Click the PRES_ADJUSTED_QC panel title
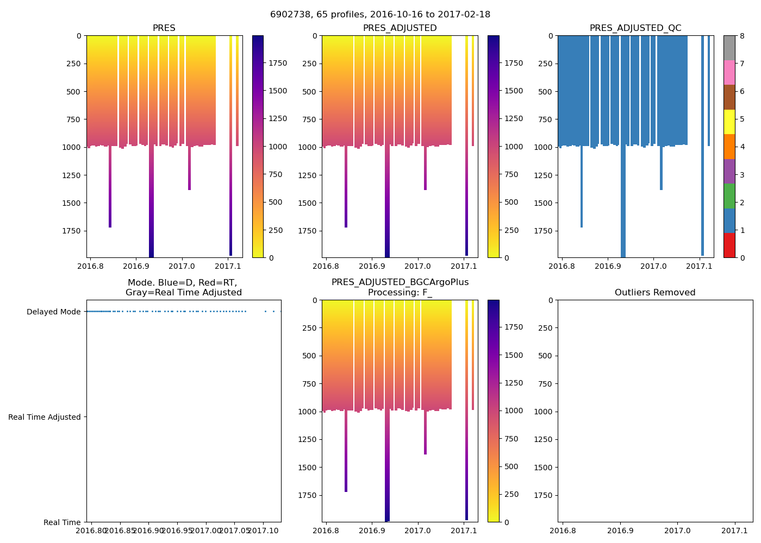pyautogui.click(x=635, y=28)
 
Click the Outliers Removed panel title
pyautogui.click(x=655, y=293)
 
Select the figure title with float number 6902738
pyautogui.click(x=380, y=15)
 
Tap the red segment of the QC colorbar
pyautogui.click(x=729, y=245)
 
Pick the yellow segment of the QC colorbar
pyautogui.click(x=729, y=122)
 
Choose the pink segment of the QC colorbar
pyautogui.click(x=729, y=72)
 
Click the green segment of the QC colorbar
pyautogui.click(x=729, y=196)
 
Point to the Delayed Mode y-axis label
pyautogui.click(x=53, y=312)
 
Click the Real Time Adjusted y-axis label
pyautogui.click(x=45, y=417)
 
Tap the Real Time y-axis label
pyautogui.click(x=62, y=522)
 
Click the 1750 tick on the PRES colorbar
pyautogui.click(x=278, y=64)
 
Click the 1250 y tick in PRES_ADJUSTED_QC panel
pyautogui.click(x=543, y=175)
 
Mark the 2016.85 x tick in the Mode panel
pyautogui.click(x=120, y=531)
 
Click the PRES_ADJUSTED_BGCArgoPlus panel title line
pyautogui.click(x=400, y=282)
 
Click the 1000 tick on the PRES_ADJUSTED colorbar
pyautogui.click(x=513, y=147)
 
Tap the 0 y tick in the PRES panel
pyautogui.click(x=79, y=36)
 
